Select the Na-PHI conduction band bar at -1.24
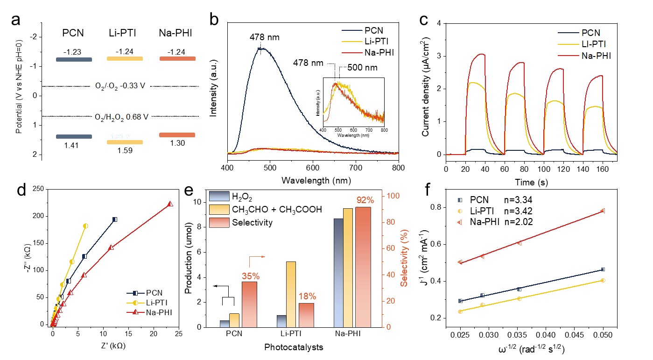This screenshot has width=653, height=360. (177, 58)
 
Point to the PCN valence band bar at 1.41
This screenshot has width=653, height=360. (74, 137)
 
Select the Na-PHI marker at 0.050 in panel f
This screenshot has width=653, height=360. (603, 211)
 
